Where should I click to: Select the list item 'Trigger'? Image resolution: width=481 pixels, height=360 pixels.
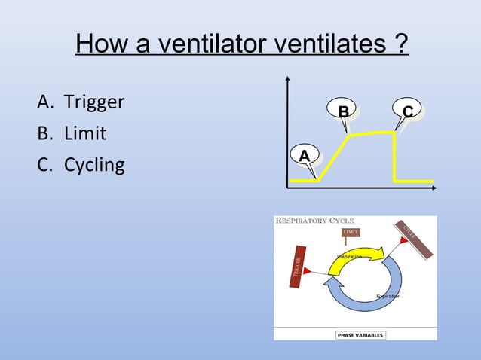tap(93, 102)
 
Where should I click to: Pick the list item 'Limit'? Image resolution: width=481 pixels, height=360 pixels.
tap(84, 133)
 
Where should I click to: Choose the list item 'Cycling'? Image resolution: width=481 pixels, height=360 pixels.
tap(93, 164)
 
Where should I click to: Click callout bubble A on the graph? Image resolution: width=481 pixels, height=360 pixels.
tap(304, 155)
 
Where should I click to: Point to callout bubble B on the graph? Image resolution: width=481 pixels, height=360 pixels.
tap(343, 112)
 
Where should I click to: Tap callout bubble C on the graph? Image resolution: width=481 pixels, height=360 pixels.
tap(407, 112)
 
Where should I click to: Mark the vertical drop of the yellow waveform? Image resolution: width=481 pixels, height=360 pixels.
tap(395, 157)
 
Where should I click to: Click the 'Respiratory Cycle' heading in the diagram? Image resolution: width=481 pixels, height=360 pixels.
tap(315, 221)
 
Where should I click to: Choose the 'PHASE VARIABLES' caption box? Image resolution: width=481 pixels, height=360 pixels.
tap(359, 335)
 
